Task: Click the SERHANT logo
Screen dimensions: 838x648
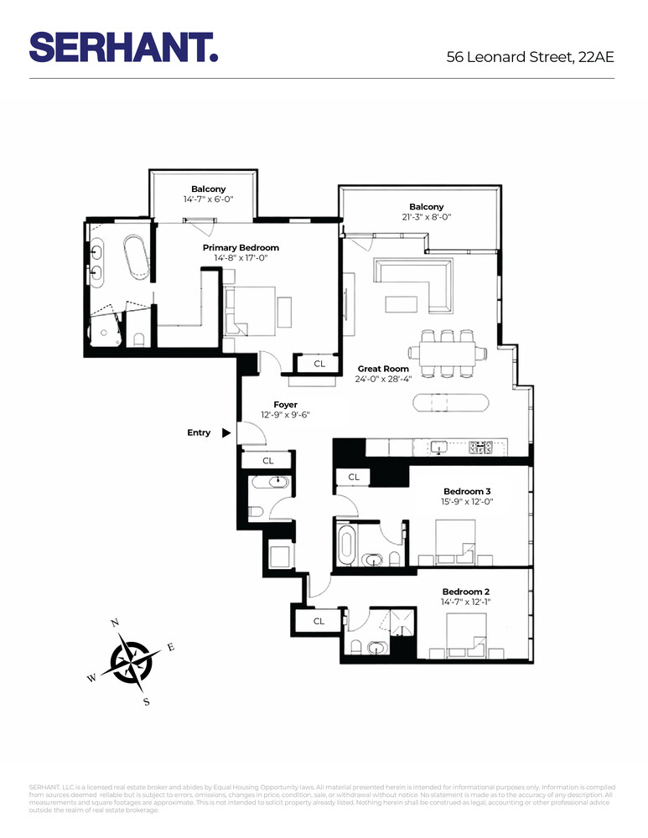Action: point(123,46)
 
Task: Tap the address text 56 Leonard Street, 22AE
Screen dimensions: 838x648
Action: point(530,57)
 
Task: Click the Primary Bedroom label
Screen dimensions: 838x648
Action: point(241,248)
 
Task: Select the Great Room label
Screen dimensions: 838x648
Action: point(383,369)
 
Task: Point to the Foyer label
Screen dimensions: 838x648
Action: point(285,405)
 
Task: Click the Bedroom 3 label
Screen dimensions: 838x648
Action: point(467,491)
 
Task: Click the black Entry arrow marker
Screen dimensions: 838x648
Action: point(226,433)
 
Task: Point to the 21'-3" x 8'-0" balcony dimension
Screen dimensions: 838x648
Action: point(426,217)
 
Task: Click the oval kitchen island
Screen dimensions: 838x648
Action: point(450,402)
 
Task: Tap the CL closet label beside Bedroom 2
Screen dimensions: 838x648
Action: point(319,621)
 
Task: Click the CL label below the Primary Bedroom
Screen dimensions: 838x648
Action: point(319,364)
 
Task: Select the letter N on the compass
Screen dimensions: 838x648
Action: point(115,622)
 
